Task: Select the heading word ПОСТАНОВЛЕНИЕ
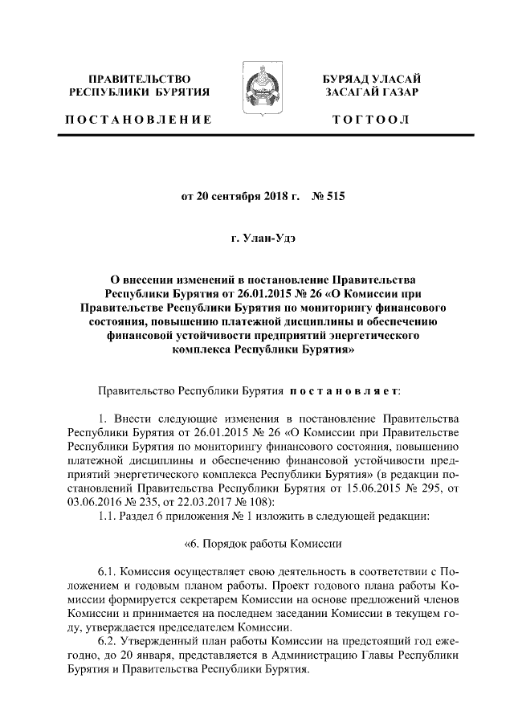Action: pos(138,120)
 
